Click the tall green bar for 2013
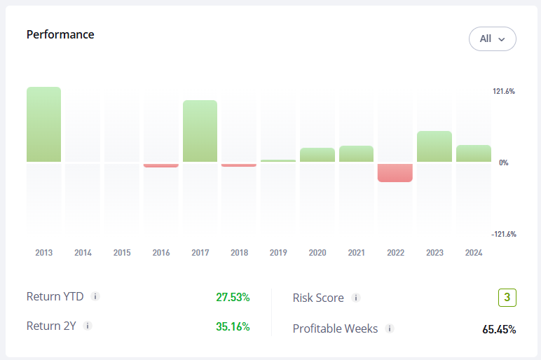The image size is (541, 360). click(44, 125)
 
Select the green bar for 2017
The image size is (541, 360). click(200, 131)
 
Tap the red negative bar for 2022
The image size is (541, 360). click(395, 172)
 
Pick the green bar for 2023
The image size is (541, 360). click(434, 146)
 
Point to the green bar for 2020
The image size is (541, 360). click(317, 155)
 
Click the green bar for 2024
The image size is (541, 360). click(474, 153)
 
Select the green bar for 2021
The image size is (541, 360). click(356, 154)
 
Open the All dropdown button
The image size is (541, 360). click(493, 39)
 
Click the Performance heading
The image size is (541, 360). click(60, 34)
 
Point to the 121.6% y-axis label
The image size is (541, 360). click(504, 91)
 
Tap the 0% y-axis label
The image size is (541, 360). click(503, 162)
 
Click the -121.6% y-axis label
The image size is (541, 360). click(503, 234)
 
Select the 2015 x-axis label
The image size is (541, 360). click(122, 253)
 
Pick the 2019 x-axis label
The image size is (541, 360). click(278, 253)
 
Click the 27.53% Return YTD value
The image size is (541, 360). click(233, 297)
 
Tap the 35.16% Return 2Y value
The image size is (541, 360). click(233, 326)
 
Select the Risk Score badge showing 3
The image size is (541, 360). click(507, 298)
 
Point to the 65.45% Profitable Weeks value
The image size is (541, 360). click(499, 329)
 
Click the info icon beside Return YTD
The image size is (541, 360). click(95, 296)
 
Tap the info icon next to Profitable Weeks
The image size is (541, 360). click(390, 328)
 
